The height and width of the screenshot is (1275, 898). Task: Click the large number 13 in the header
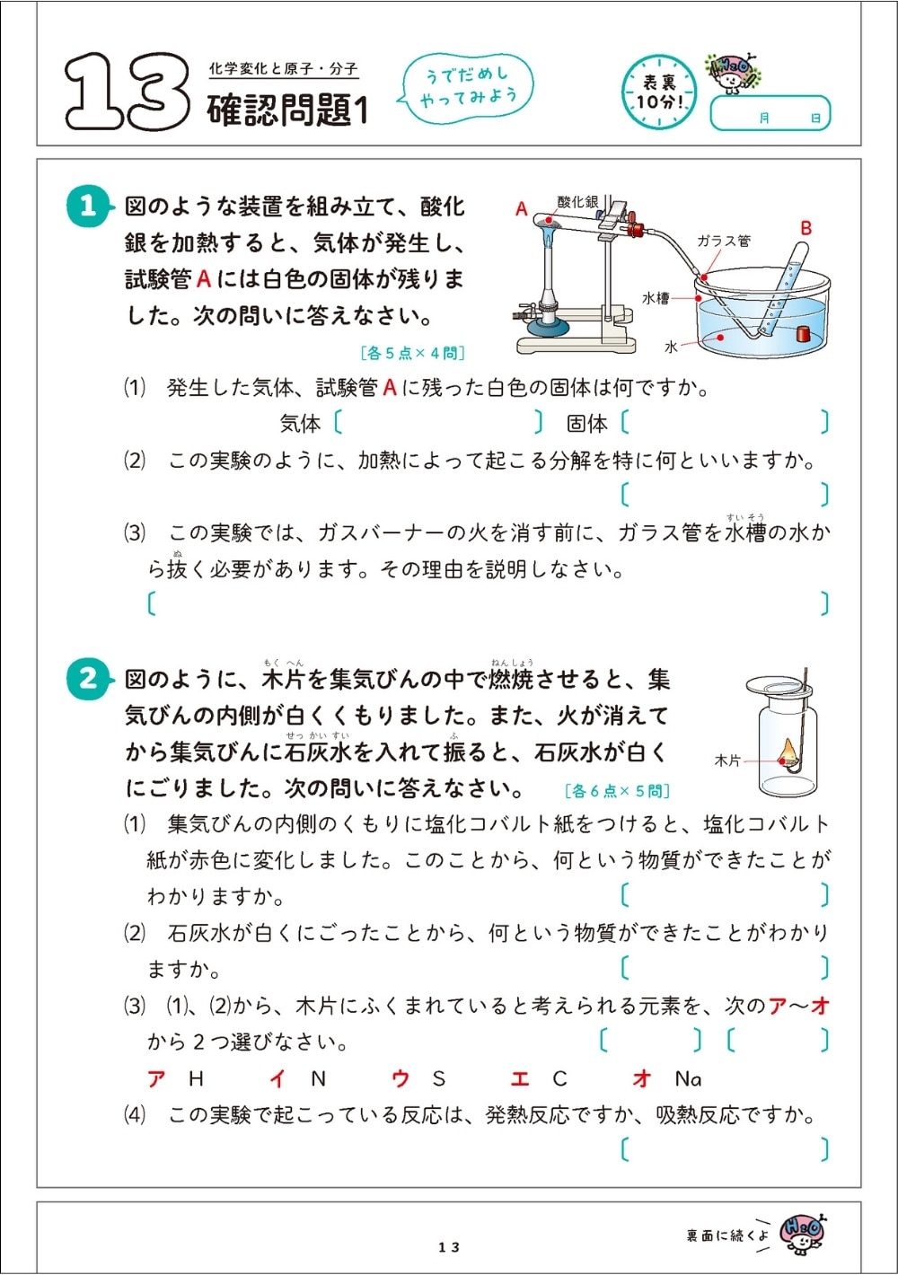point(126,92)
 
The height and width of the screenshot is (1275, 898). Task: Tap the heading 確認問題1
point(287,110)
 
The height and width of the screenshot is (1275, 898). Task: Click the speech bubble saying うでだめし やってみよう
point(468,86)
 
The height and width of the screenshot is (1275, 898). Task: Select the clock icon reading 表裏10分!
point(660,92)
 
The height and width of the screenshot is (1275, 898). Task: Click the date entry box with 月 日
point(770,115)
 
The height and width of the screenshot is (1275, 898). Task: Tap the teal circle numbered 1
point(87,207)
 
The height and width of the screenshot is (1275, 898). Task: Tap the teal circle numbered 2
point(87,678)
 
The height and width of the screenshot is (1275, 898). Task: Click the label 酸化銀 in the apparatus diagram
point(577,202)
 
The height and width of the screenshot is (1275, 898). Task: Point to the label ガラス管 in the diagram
point(724,241)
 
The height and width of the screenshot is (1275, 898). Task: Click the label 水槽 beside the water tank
point(655,297)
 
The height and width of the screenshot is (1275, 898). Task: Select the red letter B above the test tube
point(806,228)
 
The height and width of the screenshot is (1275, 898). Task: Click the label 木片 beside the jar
point(726,761)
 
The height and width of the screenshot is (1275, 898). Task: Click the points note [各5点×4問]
point(412,353)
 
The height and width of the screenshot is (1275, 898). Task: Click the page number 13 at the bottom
point(449,1247)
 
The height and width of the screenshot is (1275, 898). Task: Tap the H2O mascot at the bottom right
point(802,1232)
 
